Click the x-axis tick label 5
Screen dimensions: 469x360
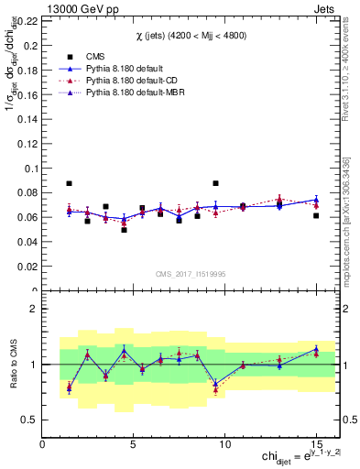pos(134,443)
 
